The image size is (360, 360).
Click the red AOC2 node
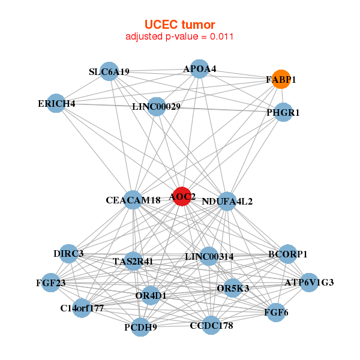click(x=182, y=196)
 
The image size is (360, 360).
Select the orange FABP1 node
click(x=281, y=79)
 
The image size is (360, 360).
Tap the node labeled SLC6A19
click(x=109, y=71)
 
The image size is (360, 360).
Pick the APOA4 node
click(x=199, y=70)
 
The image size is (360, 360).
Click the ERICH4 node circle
click(x=56, y=103)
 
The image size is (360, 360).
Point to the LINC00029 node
click(x=156, y=107)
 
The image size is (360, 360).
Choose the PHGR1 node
click(x=283, y=112)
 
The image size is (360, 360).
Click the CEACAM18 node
click(x=133, y=200)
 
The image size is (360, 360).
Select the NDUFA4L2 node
click(x=227, y=201)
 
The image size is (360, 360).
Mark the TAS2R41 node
click(x=133, y=261)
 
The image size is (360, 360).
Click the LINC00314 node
click(x=209, y=257)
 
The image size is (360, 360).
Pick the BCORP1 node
click(x=288, y=254)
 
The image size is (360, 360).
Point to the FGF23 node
click(x=50, y=282)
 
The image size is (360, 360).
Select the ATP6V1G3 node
click(x=308, y=282)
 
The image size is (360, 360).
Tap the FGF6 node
click(x=276, y=312)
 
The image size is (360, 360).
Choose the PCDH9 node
click(x=140, y=327)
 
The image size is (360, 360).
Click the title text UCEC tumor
click(x=179, y=25)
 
